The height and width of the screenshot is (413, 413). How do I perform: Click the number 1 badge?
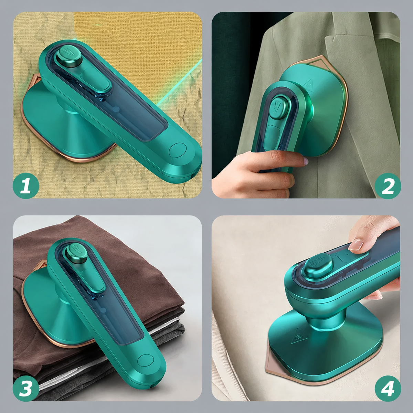pyautogui.click(x=26, y=186)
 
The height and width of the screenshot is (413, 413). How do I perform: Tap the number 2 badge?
pyautogui.click(x=388, y=186)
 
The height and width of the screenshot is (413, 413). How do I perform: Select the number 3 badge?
pyautogui.click(x=26, y=388)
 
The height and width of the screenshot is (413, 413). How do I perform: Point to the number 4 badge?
pyautogui.click(x=388, y=388)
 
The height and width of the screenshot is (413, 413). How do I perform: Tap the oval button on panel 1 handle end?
pyautogui.click(x=177, y=150)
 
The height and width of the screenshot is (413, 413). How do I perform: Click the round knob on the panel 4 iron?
pyautogui.click(x=318, y=265)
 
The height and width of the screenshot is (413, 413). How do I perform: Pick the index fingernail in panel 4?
pyautogui.click(x=356, y=245)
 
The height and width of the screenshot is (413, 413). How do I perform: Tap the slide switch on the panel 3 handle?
pyautogui.click(x=92, y=280)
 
